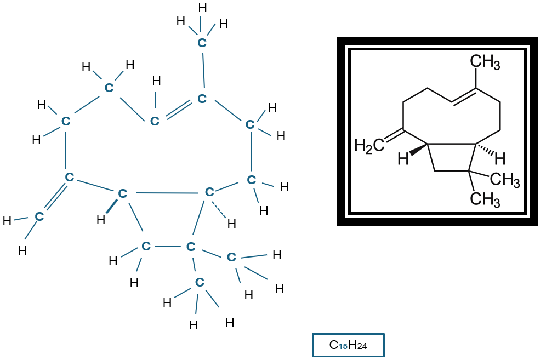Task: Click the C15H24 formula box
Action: (x=348, y=345)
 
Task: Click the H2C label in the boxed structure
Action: (x=369, y=145)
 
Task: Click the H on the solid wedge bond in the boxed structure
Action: (x=403, y=159)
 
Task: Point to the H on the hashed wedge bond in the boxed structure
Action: (x=499, y=159)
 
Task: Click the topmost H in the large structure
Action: (x=202, y=7)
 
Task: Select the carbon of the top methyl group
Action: (x=202, y=42)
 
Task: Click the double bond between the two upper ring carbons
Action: (x=178, y=110)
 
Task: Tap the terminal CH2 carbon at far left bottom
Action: (x=39, y=216)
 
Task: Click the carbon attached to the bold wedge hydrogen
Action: (x=122, y=193)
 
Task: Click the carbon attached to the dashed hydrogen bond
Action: (x=208, y=192)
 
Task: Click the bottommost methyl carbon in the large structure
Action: (x=200, y=282)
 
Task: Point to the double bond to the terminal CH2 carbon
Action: (x=54, y=197)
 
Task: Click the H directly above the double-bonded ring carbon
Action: (x=156, y=81)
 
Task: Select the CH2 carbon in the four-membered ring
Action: (x=145, y=246)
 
